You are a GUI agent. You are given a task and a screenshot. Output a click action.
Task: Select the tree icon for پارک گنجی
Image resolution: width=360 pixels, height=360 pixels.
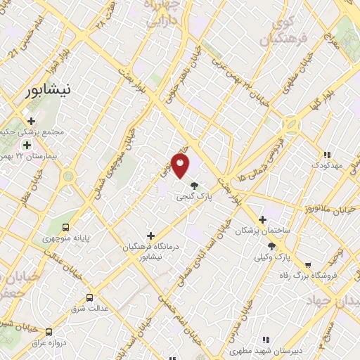point(194,186)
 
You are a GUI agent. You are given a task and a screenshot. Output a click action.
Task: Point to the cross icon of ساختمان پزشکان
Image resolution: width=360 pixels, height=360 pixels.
point(263,219)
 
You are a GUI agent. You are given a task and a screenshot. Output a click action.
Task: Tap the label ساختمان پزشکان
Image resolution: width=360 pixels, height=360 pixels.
point(263,231)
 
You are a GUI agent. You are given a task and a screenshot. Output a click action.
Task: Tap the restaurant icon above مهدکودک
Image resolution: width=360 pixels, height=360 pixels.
point(326,154)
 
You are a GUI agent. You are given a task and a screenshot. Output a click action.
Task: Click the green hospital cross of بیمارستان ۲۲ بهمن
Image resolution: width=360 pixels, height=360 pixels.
point(27,143)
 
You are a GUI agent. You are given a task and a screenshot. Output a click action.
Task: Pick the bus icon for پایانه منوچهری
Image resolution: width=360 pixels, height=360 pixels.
point(65,227)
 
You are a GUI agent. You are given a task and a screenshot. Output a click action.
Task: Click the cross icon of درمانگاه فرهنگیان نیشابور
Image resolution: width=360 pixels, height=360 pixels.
point(150,235)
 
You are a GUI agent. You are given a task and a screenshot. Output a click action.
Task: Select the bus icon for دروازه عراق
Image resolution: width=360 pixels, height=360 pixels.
point(49,331)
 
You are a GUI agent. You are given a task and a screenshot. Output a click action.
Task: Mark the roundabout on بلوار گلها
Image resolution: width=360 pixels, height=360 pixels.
point(290,124)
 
